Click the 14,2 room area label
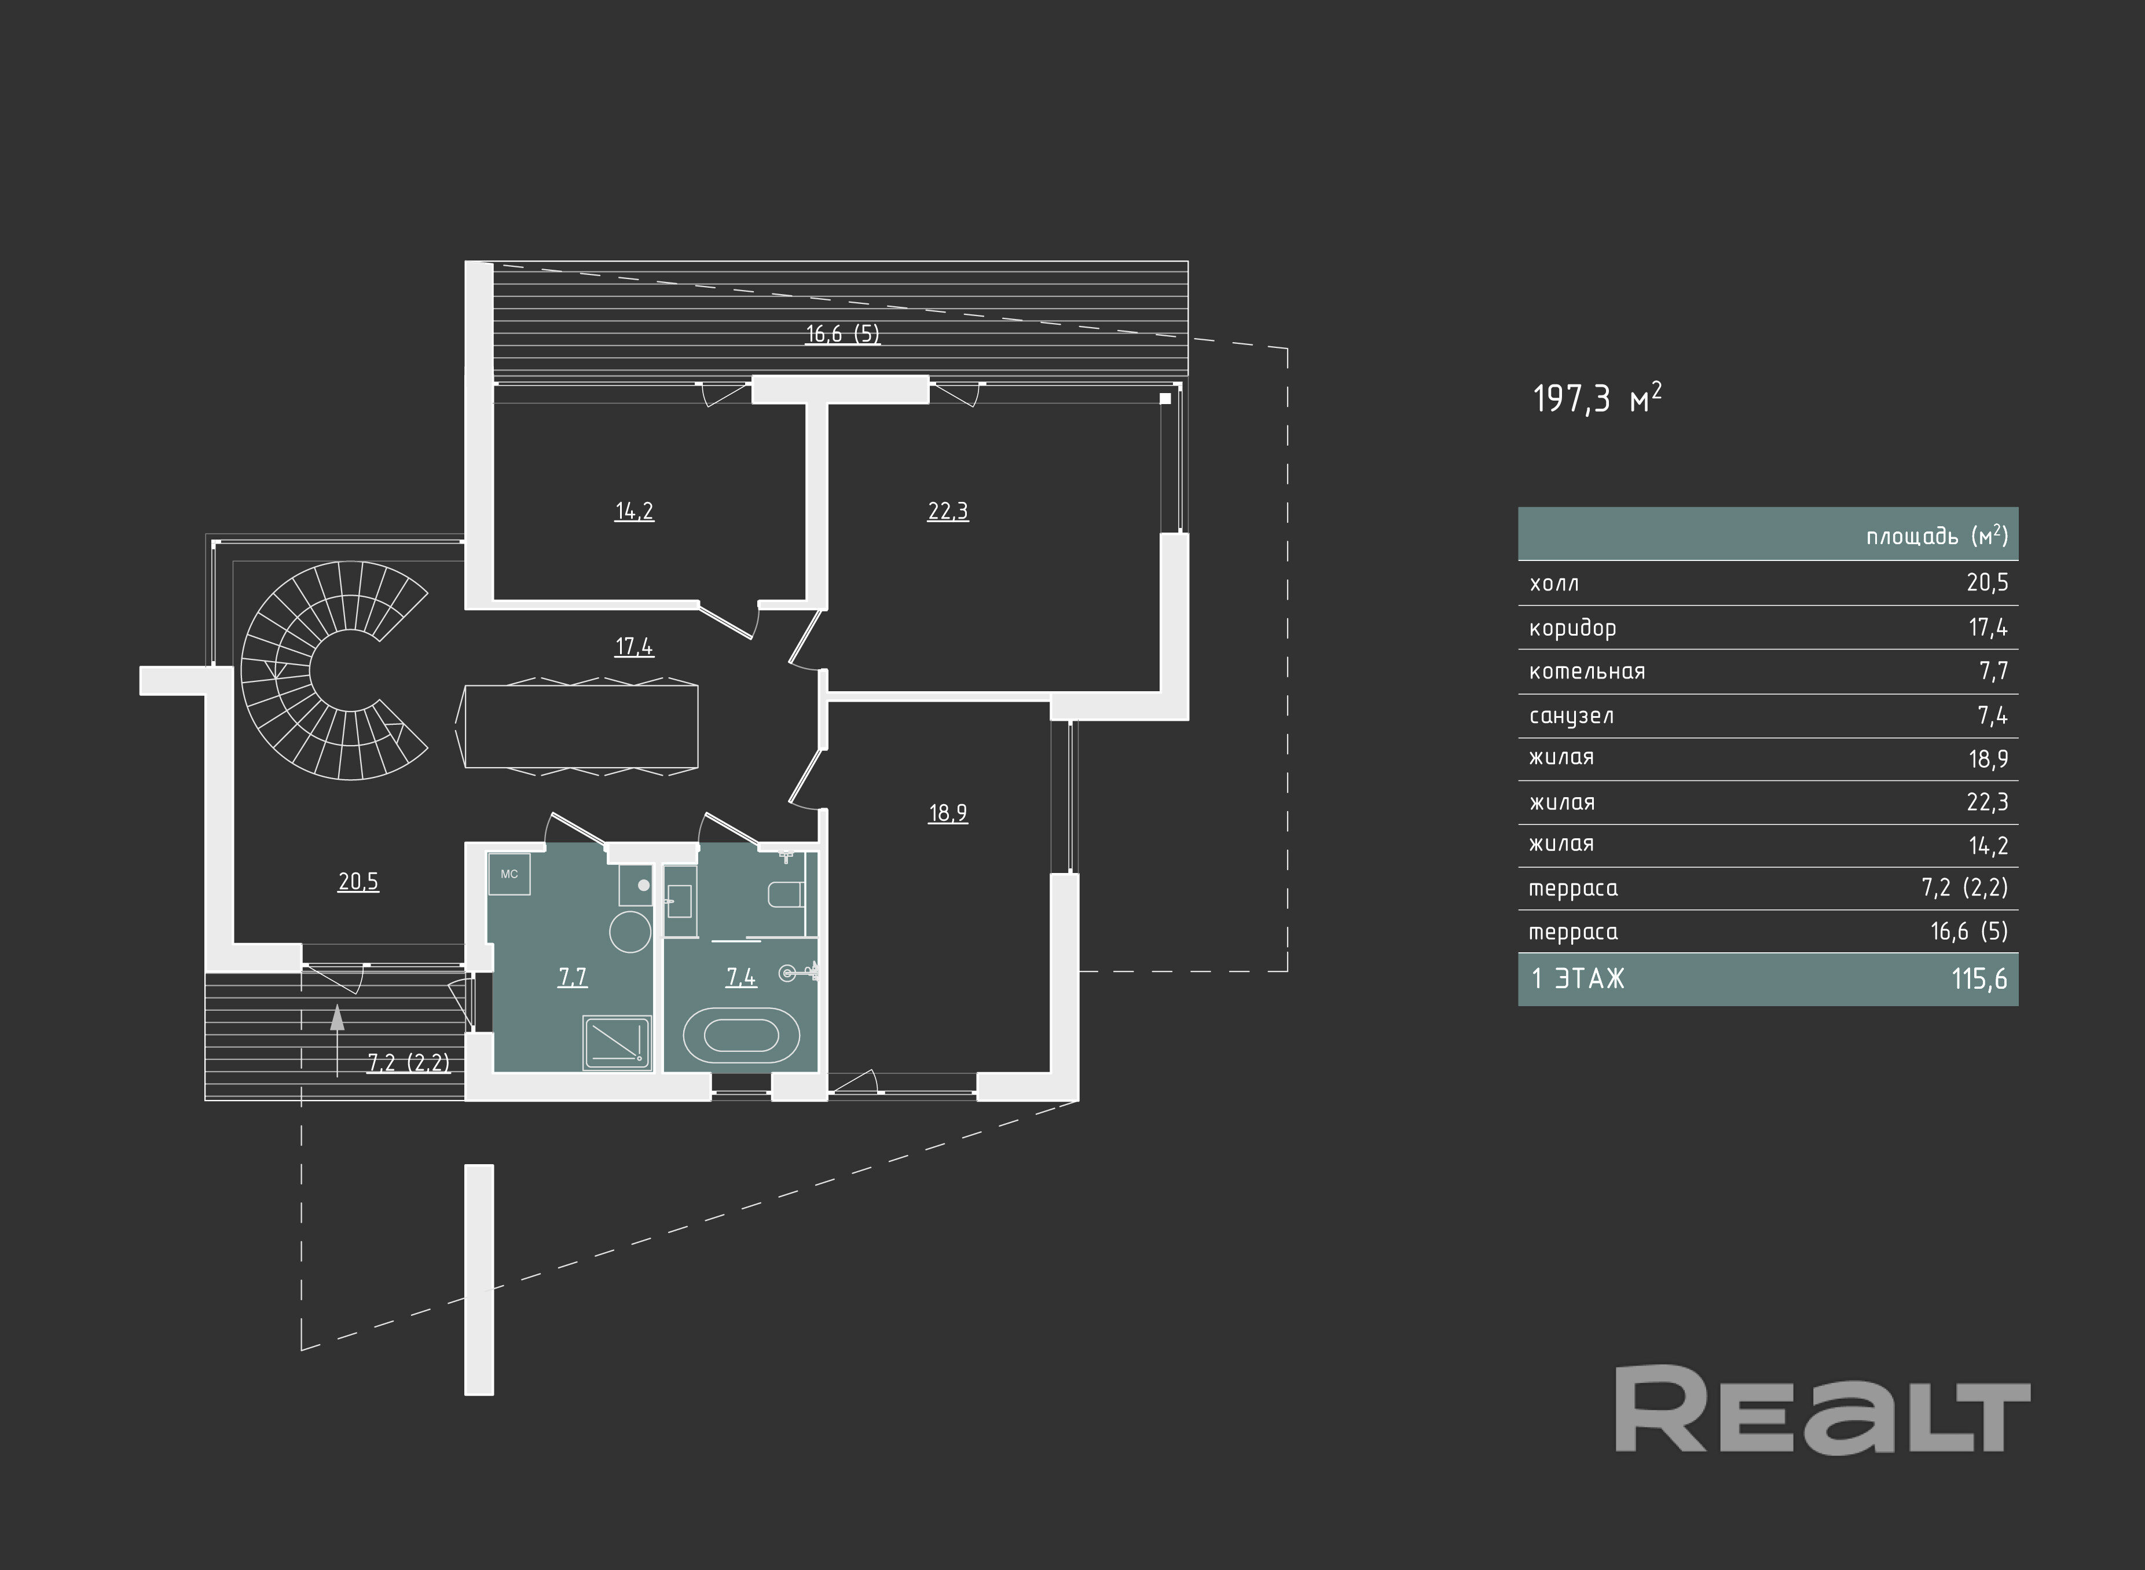point(634,511)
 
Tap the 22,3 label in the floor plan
point(948,511)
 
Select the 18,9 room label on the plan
point(948,813)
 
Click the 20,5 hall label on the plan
point(358,882)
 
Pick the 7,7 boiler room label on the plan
point(572,977)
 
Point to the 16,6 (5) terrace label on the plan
point(842,333)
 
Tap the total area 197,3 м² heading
point(1597,399)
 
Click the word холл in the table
point(1554,584)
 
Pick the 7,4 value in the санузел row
point(1992,716)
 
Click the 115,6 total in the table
point(1979,979)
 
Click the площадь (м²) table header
point(1936,536)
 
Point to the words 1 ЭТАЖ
point(1578,979)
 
